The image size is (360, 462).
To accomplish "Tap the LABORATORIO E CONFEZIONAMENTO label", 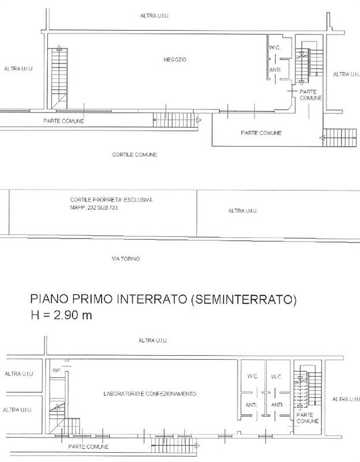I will [x=150, y=394].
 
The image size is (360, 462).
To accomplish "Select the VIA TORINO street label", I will [x=126, y=259].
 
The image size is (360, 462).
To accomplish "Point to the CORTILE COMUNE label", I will [x=134, y=155].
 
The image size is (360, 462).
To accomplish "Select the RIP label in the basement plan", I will [x=57, y=370].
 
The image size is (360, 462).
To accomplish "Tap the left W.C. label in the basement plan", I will [x=252, y=377].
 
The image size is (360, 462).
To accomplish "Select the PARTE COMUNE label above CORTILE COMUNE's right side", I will [x=261, y=133].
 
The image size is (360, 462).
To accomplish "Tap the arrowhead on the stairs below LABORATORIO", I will [x=197, y=445].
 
